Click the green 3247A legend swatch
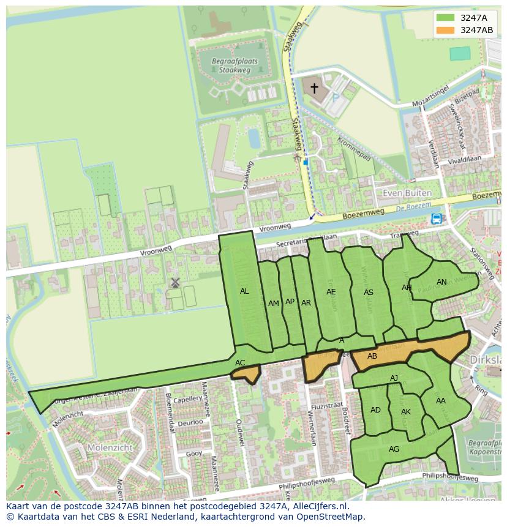pos(446,18)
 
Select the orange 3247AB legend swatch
pos(446,30)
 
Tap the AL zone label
pos(244,291)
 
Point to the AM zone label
pos(274,304)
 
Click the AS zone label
pos(369,293)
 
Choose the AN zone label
pos(441,282)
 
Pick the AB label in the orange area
pos(372,356)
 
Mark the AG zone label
pos(394,449)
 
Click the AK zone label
pos(406,412)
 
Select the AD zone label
pos(375,410)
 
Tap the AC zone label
pos(240,363)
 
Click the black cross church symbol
pos(314,88)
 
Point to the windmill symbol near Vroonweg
pos(175,282)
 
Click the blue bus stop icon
pos(436,219)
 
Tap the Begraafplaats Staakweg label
pos(235,66)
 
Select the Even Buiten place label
pos(407,193)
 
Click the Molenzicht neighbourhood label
pos(92,447)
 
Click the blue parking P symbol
pos(335,96)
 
